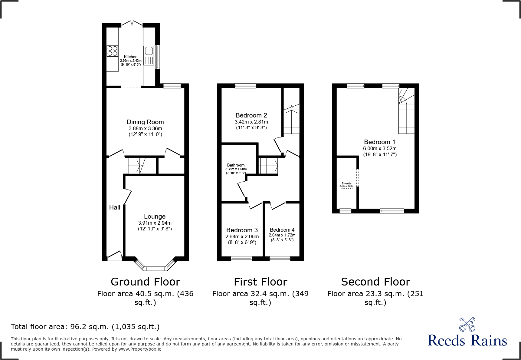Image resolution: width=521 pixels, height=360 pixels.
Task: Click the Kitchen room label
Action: click(130, 57)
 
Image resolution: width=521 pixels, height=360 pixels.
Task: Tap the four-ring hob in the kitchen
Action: click(112, 51)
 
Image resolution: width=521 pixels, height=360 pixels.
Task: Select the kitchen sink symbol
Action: click(149, 55)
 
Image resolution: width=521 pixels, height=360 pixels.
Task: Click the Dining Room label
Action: click(145, 122)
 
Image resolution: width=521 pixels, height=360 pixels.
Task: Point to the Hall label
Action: click(115, 207)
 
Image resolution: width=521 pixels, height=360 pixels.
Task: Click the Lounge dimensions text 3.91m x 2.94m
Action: click(155, 223)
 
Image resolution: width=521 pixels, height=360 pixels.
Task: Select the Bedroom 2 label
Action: click(251, 115)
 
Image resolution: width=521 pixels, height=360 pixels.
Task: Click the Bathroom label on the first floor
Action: click(236, 165)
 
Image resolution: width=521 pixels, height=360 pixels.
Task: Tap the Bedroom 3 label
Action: click(242, 230)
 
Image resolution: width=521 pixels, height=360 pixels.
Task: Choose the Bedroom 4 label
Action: click(282, 230)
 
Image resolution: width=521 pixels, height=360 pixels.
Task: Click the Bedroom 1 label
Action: click(379, 142)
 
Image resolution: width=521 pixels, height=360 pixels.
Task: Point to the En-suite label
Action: click(346, 183)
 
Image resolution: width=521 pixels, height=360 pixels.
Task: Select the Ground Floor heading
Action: click(145, 282)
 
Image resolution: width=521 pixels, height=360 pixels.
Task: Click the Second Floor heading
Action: click(375, 282)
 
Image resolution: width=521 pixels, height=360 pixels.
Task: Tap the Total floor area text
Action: click(85, 327)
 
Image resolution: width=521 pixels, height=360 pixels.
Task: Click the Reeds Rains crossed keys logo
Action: click(467, 324)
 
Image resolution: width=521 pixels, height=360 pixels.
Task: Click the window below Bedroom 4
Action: click(280, 258)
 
